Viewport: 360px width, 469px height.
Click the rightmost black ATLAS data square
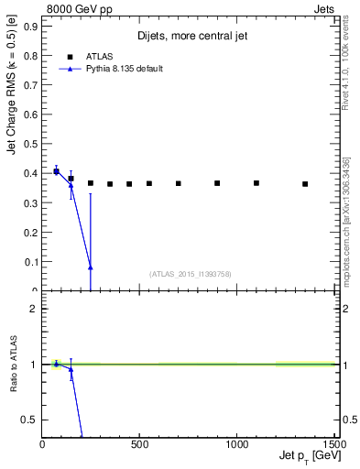click(305, 184)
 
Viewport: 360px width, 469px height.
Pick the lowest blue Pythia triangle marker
click(91, 267)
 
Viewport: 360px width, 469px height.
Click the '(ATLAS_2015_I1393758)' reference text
click(189, 274)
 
